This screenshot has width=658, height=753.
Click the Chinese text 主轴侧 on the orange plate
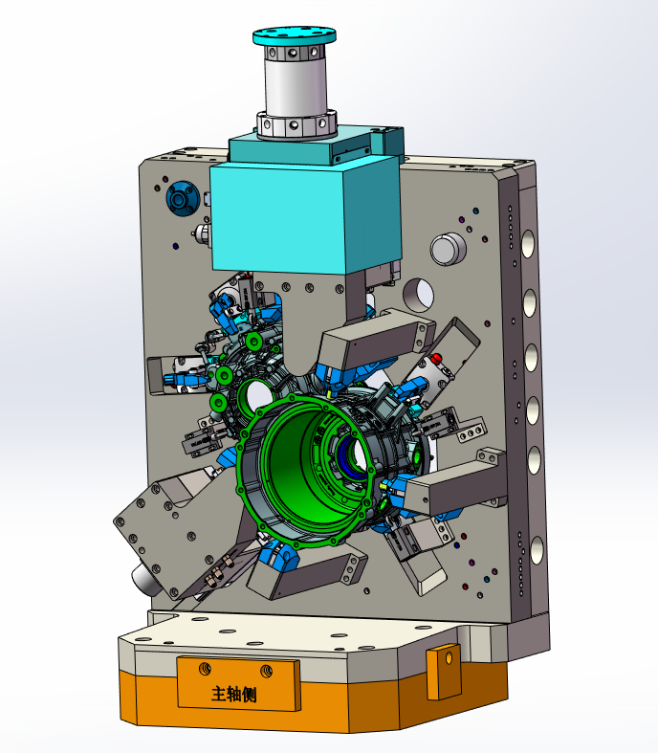(x=233, y=694)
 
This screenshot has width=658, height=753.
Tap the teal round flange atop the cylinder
(x=295, y=36)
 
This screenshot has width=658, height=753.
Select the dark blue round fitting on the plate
(x=183, y=198)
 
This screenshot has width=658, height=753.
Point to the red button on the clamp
(x=436, y=358)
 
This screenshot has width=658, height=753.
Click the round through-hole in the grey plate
(x=419, y=294)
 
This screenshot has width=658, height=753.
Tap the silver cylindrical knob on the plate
(x=449, y=249)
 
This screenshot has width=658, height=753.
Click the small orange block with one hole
(x=444, y=672)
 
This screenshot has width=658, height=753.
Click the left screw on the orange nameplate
(x=205, y=668)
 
